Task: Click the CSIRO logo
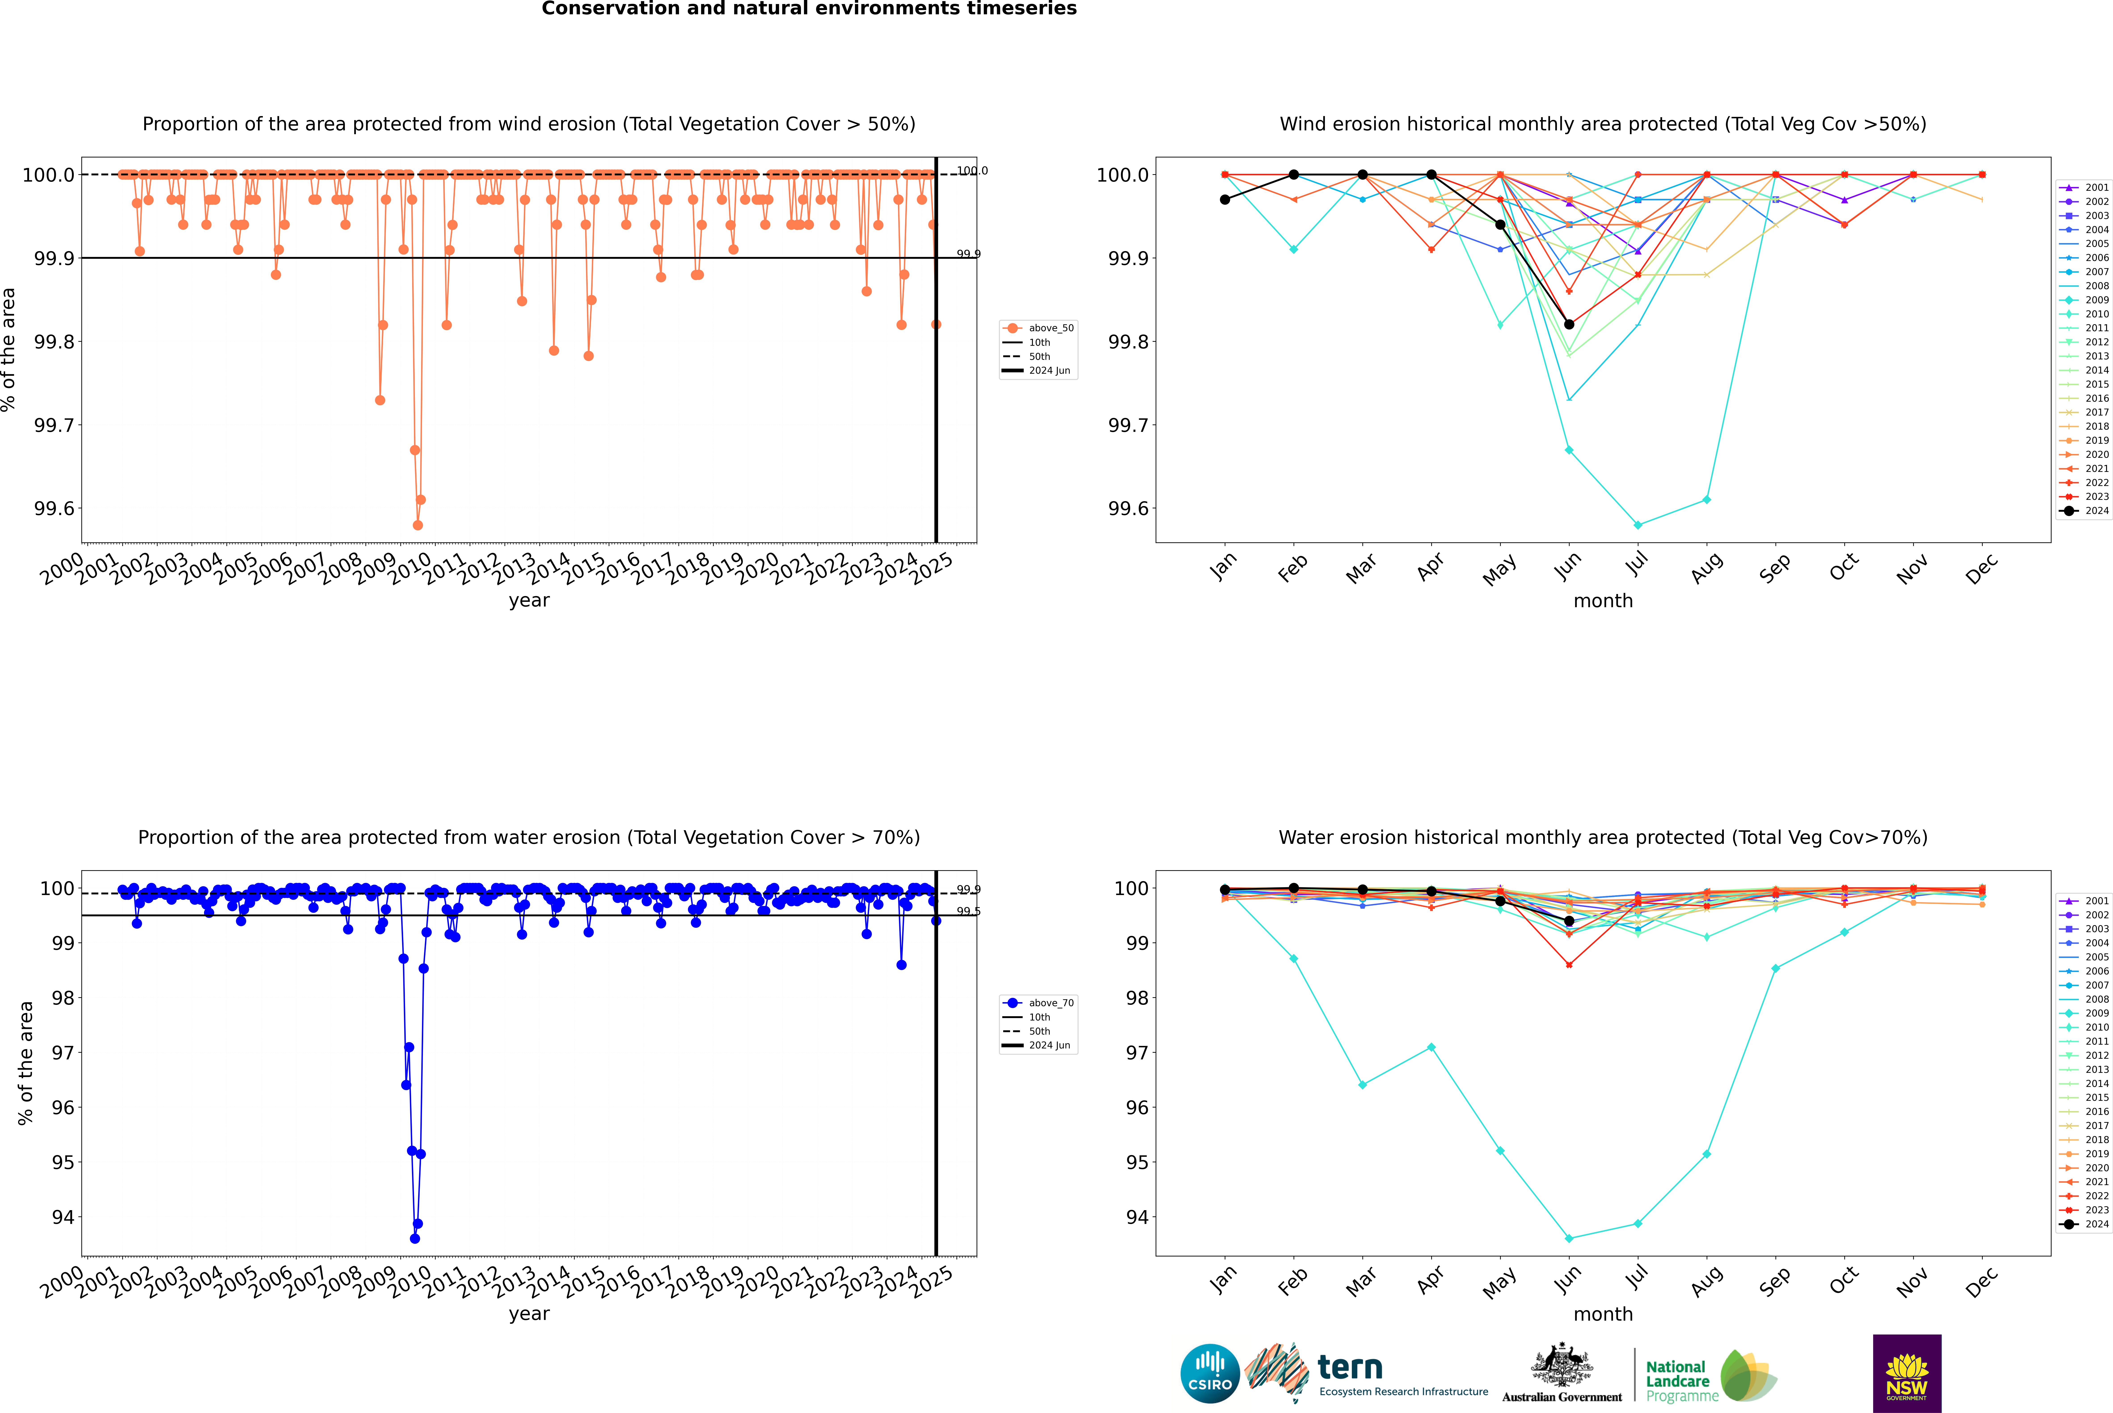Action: [x=1210, y=1373]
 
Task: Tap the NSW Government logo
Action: [x=1907, y=1373]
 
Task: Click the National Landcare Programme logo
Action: [x=1710, y=1376]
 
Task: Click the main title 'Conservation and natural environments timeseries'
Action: [x=809, y=9]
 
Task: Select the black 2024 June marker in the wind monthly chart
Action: [x=1569, y=325]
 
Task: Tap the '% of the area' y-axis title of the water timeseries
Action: [x=25, y=1063]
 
